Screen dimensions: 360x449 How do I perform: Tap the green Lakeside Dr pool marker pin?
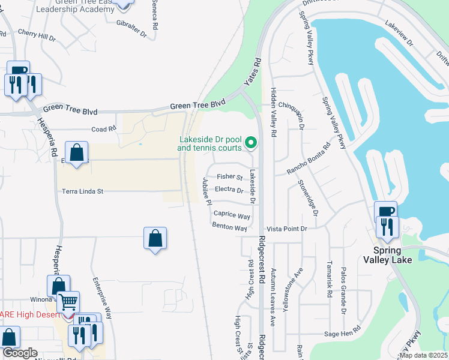click(252, 143)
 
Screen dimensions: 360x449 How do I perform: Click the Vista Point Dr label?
click(287, 229)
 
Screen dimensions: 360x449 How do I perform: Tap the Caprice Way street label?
click(232, 215)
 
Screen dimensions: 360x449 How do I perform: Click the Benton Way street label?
click(229, 227)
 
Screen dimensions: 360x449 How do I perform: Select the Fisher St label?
click(229, 177)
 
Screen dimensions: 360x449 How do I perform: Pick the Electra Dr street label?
click(229, 190)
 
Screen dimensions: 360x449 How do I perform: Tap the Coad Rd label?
click(103, 129)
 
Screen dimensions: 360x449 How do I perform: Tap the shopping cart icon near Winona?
click(68, 302)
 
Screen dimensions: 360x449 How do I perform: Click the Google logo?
click(20, 353)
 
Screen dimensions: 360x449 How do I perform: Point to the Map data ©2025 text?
click(423, 355)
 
